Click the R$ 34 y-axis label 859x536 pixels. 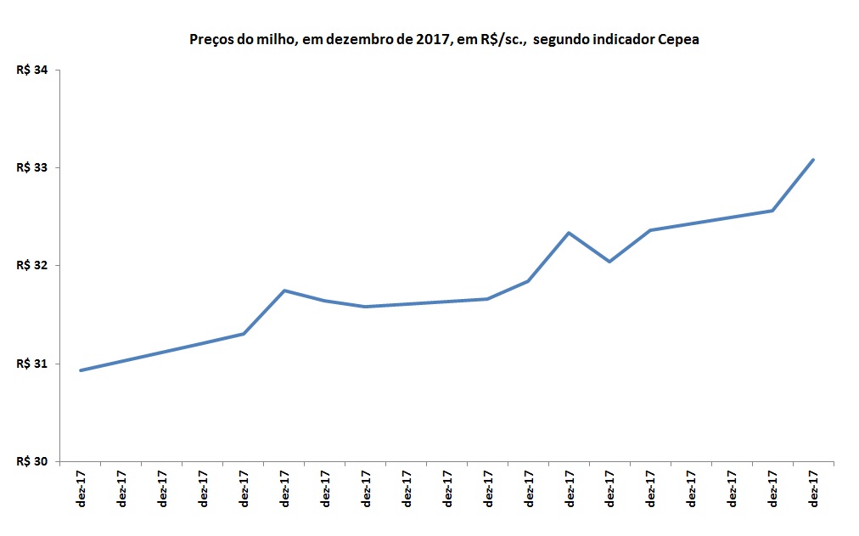tap(31, 71)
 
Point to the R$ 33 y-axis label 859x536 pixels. tap(31, 168)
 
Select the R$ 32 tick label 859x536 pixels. tap(31, 266)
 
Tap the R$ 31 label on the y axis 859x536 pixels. tap(31, 364)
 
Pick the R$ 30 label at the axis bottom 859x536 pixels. tap(31, 462)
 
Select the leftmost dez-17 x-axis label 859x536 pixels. tap(81, 488)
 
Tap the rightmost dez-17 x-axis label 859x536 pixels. tap(814, 488)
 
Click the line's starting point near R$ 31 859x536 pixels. tap(81, 370)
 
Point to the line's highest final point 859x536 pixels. tap(813, 160)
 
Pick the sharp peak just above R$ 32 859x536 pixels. tap(569, 233)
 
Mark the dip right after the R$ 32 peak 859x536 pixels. tap(609, 262)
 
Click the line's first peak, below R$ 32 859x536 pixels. tap(284, 291)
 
